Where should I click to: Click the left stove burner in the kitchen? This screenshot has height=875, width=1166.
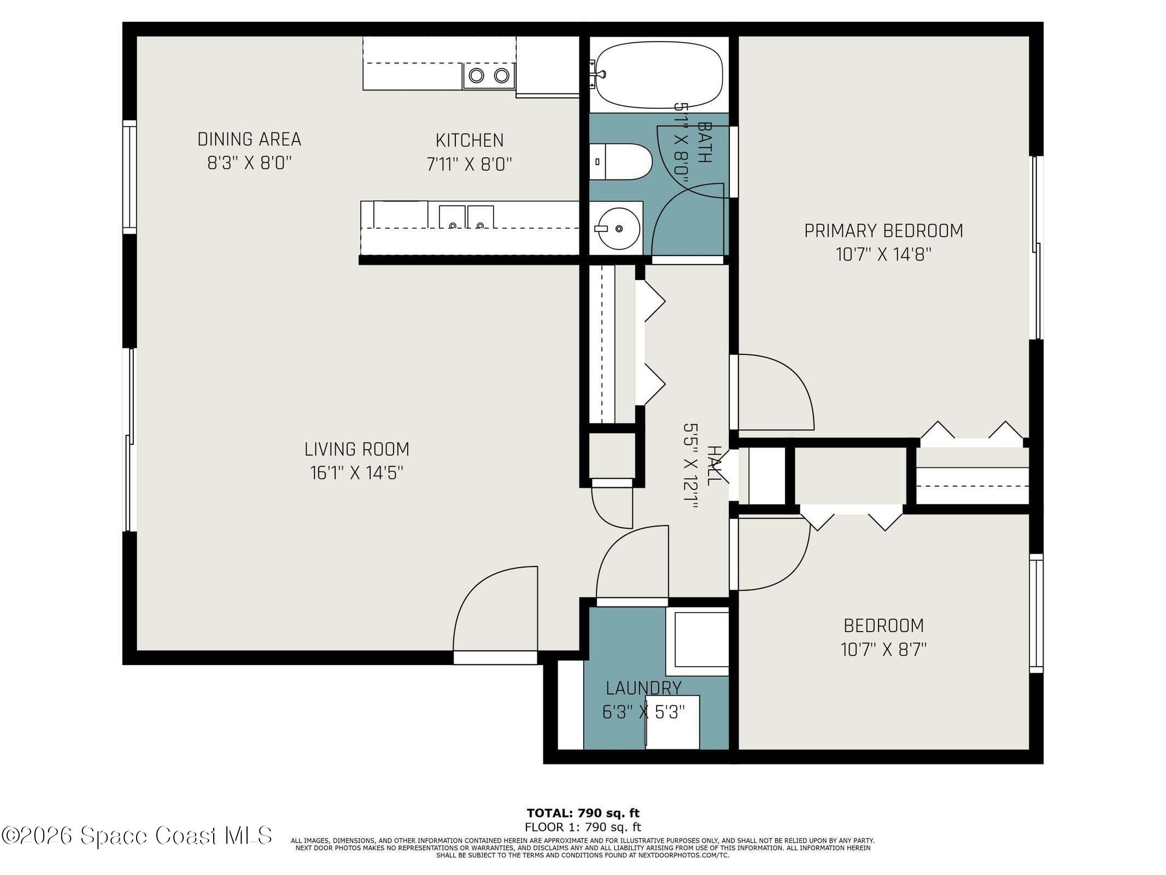(476, 75)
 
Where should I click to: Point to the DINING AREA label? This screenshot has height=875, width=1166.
(249, 139)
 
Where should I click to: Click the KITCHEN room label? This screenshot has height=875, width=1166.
(470, 141)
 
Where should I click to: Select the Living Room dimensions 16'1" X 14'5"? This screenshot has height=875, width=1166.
(356, 473)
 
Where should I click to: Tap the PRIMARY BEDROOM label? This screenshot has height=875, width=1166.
(883, 231)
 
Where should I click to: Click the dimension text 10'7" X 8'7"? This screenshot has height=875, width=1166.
(883, 650)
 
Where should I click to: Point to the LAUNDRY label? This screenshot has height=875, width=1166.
(643, 688)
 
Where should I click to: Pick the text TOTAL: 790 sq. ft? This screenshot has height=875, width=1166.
(583, 813)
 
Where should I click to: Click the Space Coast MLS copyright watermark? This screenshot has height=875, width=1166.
(137, 836)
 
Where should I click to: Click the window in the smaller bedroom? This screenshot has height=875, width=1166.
(1036, 613)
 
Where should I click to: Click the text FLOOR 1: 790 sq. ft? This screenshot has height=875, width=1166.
(583, 827)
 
